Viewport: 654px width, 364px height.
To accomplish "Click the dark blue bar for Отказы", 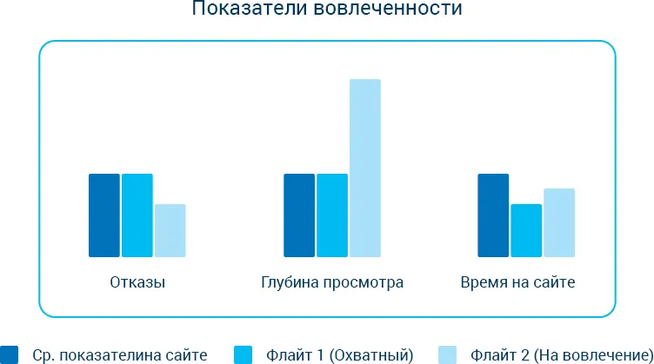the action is (x=104, y=215).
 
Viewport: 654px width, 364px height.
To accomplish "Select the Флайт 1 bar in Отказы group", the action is (x=137, y=215).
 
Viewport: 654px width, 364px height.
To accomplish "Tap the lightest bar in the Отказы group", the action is (x=170, y=230).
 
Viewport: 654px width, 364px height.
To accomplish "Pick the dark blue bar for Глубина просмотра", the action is (x=299, y=215).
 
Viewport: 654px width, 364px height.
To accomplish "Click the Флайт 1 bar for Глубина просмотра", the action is (x=332, y=215).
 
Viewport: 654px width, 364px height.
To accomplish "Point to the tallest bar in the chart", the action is (x=365, y=168).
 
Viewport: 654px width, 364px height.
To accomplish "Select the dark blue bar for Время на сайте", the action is (x=493, y=215).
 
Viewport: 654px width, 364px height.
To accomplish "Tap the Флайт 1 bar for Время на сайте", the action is (x=526, y=230).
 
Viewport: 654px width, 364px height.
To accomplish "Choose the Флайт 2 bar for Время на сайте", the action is (x=559, y=222).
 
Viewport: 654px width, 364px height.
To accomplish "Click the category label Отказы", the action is (x=137, y=282).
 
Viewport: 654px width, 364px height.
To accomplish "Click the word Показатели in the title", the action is (x=250, y=9).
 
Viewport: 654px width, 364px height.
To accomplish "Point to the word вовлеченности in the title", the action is (x=388, y=9).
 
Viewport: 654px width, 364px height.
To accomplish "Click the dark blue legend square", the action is (x=10, y=354).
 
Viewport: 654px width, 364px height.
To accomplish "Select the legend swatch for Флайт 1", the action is (x=244, y=354).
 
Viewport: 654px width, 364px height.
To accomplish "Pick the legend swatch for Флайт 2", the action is (x=448, y=354).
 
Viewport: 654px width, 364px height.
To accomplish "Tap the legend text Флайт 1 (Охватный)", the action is (x=339, y=355).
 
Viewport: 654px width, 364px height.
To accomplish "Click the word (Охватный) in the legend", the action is (x=371, y=355).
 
